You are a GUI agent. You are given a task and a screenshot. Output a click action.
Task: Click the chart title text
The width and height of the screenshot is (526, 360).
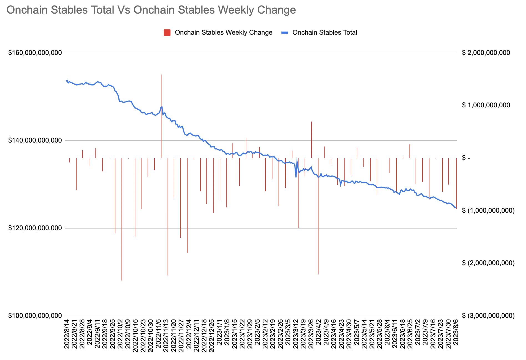151,10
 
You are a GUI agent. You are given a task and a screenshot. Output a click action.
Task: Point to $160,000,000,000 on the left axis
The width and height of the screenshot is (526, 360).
35,53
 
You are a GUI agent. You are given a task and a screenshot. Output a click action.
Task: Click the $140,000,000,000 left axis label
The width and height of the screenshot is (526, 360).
35,140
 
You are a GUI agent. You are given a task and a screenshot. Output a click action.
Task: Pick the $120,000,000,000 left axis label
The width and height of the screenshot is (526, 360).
35,228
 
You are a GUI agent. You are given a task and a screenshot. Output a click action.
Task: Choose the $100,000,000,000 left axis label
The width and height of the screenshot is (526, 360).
35,316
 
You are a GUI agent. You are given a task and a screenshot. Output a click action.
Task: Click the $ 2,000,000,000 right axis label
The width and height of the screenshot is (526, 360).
486,53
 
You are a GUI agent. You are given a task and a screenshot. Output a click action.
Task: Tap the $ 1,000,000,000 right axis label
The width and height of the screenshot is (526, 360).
486,105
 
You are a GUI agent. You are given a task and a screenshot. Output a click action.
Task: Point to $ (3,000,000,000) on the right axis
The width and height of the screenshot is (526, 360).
488,316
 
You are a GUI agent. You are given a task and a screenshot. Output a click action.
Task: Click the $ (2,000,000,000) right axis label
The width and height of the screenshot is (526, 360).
488,263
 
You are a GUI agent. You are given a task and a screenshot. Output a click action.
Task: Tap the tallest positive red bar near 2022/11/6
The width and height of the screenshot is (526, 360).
161,116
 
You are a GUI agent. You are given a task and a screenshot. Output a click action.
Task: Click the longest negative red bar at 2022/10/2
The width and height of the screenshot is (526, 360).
122,219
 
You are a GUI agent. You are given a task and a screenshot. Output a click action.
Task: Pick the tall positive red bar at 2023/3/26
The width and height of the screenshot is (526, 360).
312,140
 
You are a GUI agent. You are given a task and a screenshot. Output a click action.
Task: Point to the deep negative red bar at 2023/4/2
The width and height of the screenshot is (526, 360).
318,216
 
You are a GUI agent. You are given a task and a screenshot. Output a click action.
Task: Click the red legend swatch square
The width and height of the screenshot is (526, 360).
167,33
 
